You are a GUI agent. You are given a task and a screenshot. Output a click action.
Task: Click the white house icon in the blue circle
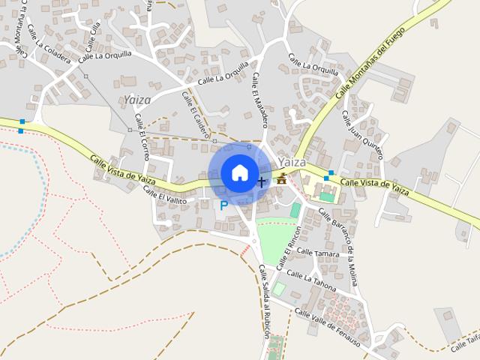pyautogui.click(x=239, y=172)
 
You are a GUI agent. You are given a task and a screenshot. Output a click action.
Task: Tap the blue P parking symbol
pyautogui.click(x=223, y=204)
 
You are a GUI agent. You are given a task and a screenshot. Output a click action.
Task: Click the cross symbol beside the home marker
pyautogui.click(x=262, y=181)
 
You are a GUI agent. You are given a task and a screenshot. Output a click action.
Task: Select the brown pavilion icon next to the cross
pyautogui.click(x=282, y=178)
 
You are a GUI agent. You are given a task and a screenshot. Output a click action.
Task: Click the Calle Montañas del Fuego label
pyautogui.click(x=370, y=62)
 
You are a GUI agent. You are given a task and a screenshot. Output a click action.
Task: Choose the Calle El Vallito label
pyautogui.click(x=166, y=196)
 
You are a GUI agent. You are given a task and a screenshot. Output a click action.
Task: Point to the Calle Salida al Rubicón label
pyautogui.click(x=265, y=301)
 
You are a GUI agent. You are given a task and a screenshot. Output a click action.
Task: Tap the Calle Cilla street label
pyautogui.click(x=92, y=35)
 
